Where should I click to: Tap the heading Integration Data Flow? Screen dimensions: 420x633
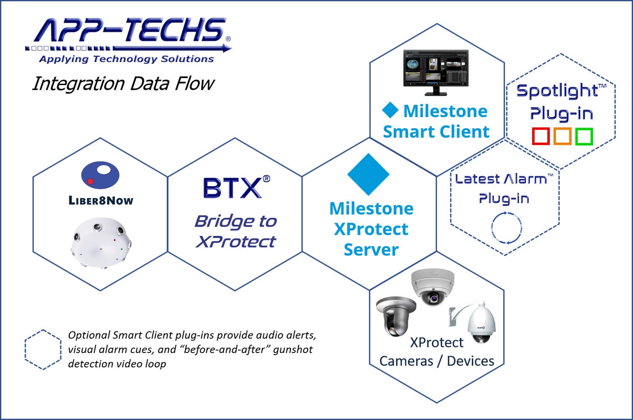(123, 83)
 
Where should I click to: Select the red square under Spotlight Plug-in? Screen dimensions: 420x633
(541, 136)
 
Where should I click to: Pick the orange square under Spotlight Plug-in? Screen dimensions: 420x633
(563, 136)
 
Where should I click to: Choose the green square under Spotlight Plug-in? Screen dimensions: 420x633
(584, 136)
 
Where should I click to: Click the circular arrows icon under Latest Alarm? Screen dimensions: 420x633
(506, 227)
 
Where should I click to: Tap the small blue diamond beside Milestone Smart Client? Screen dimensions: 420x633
(390, 110)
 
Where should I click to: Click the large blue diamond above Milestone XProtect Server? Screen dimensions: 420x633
(368, 174)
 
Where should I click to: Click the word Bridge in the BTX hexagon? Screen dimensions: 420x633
(218, 221)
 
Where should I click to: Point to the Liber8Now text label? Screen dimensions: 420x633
(101, 201)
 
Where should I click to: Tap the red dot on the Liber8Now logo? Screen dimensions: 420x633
(90, 182)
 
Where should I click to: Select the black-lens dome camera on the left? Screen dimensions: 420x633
(396, 316)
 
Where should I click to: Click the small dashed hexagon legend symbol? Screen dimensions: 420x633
(43, 350)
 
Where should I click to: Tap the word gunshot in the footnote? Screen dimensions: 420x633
(292, 349)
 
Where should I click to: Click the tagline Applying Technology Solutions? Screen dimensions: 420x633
(126, 59)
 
